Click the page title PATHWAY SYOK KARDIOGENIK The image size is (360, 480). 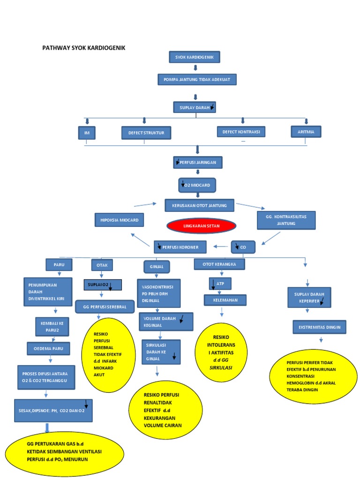(x=84, y=48)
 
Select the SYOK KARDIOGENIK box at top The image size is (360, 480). (x=194, y=57)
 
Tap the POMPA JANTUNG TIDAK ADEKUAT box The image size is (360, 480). (x=197, y=80)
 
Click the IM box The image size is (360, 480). (x=87, y=133)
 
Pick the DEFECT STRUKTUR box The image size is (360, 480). (x=146, y=133)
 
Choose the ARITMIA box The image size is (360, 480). (x=306, y=132)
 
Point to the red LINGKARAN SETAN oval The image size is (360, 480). (x=201, y=225)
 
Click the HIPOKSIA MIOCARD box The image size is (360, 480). (x=119, y=220)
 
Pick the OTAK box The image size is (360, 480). (x=102, y=265)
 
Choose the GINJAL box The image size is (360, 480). (x=156, y=267)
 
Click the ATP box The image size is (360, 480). (x=220, y=284)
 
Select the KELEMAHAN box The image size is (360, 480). (x=225, y=300)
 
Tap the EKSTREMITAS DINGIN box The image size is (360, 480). (x=319, y=327)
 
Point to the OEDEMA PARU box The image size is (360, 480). (x=48, y=349)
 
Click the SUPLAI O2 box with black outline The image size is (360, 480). (x=103, y=285)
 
